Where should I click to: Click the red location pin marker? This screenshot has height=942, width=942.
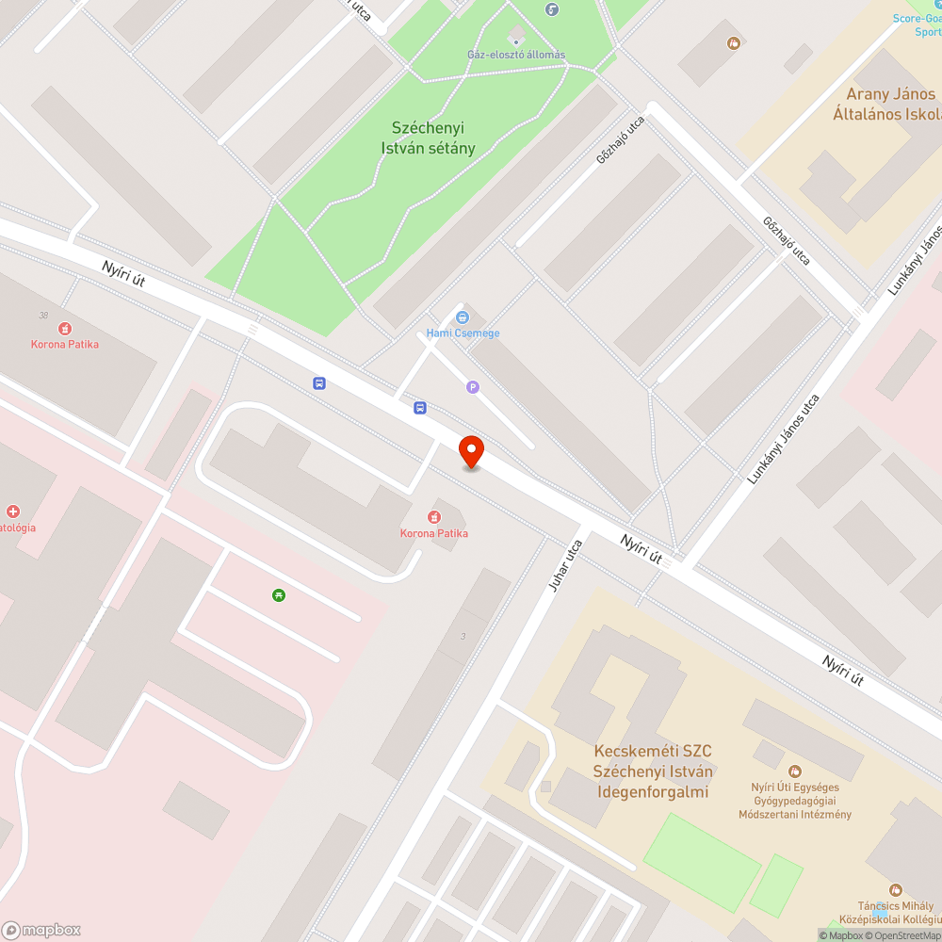coord(471,451)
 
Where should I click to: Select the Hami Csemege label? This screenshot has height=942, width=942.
coord(463,333)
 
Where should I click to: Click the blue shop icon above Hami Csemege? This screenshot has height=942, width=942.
coord(463,317)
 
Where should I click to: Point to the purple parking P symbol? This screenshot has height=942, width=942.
coord(473,386)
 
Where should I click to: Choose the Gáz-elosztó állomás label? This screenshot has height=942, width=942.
coord(516,55)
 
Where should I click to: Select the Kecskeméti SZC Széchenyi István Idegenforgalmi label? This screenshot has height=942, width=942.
coord(653,771)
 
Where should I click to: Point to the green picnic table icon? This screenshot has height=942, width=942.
coord(279,594)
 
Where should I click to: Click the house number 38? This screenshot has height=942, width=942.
coord(43,316)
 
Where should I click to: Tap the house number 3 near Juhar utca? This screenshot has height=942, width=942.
coord(463,637)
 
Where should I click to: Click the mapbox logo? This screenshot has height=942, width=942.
coord(42,930)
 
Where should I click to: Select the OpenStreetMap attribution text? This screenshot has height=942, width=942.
coord(905,935)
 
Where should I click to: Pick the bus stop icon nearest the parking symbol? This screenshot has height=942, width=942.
coord(419,408)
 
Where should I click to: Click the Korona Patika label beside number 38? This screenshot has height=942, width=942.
coord(64,344)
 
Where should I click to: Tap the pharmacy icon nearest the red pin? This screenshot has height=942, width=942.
coord(434,516)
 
